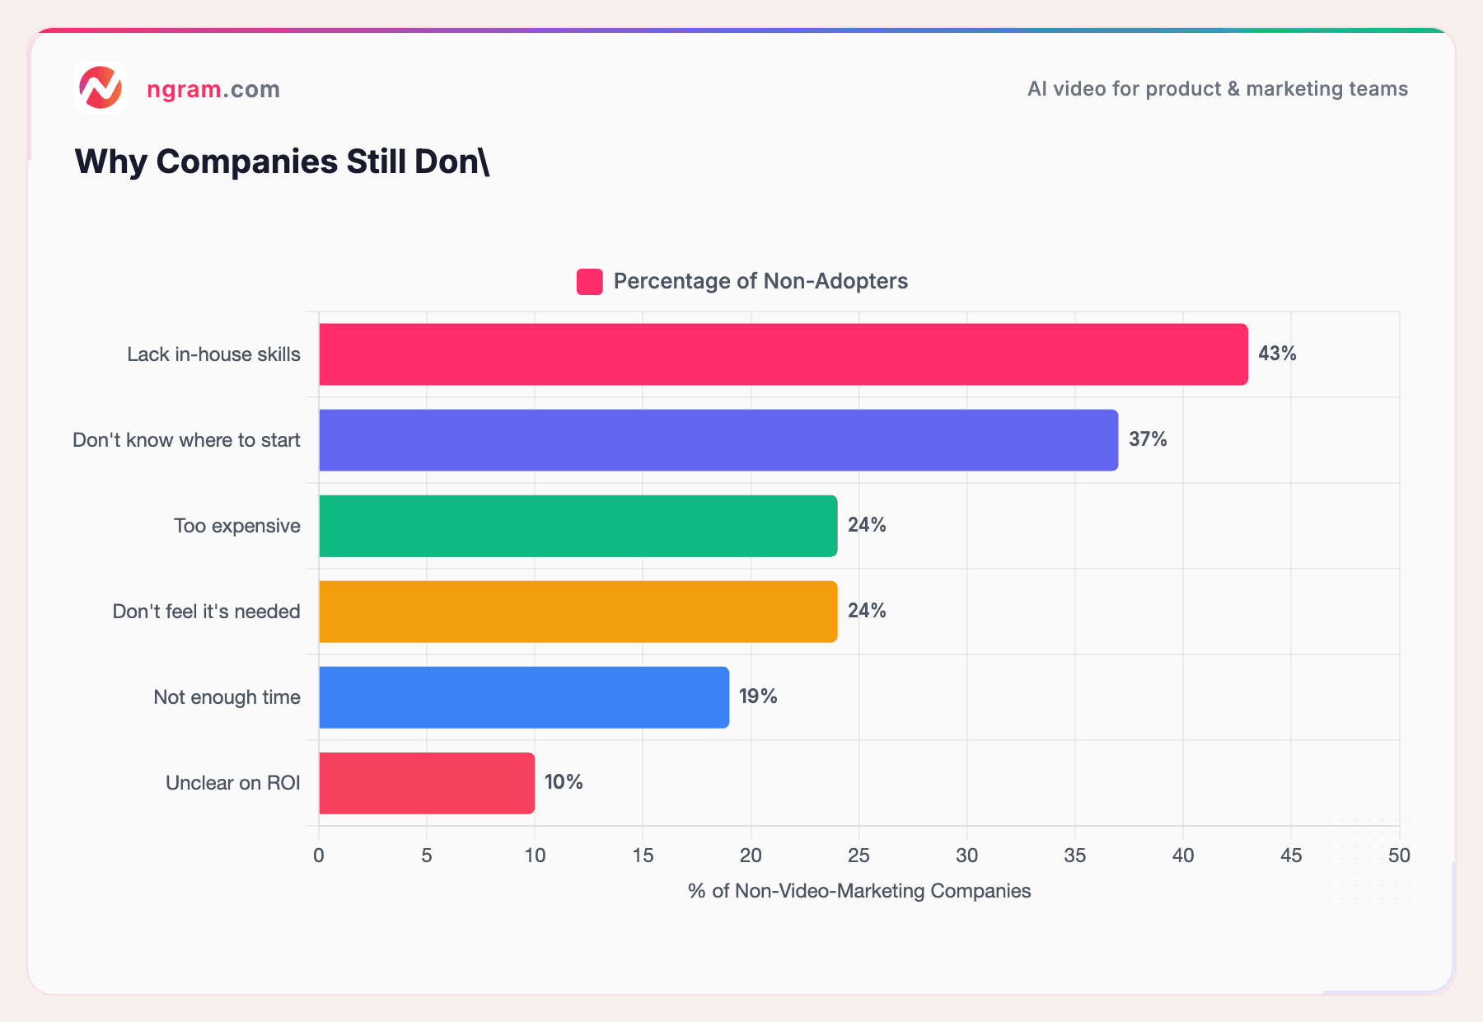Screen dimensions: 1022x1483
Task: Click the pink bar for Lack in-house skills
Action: pyautogui.click(x=783, y=354)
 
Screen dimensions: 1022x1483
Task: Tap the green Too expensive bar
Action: pyautogui.click(x=578, y=526)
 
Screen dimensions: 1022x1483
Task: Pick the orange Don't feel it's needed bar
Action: pyautogui.click(x=578, y=612)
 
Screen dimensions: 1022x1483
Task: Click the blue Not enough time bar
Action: pyautogui.click(x=524, y=697)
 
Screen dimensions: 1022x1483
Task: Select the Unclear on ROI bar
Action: pyautogui.click(x=427, y=783)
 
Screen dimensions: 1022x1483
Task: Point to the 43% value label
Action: pyautogui.click(x=1277, y=354)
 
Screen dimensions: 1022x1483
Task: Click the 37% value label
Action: pyautogui.click(x=1148, y=439)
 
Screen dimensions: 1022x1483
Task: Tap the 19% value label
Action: pyautogui.click(x=758, y=696)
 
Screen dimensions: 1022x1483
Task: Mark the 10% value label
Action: pyautogui.click(x=564, y=782)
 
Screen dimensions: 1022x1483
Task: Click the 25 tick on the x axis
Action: pyautogui.click(x=858, y=856)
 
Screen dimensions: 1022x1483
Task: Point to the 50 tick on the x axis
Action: pyautogui.click(x=1399, y=856)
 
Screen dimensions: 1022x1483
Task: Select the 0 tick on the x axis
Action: pyautogui.click(x=319, y=856)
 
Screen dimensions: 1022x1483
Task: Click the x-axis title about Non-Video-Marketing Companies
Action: pyautogui.click(x=859, y=891)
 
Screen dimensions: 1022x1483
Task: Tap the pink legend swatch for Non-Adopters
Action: pyautogui.click(x=589, y=282)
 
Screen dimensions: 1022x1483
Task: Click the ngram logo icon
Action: pyautogui.click(x=101, y=87)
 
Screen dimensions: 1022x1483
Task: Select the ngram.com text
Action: pyautogui.click(x=213, y=89)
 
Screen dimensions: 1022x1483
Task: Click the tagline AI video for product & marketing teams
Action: pyautogui.click(x=1217, y=89)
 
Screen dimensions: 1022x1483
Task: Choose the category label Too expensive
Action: pyautogui.click(x=237, y=526)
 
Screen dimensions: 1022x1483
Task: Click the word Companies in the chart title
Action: pyautogui.click(x=246, y=162)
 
